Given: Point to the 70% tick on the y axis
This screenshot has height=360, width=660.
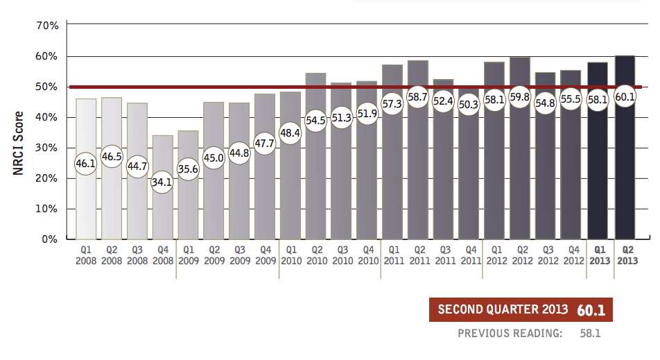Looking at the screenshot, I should click(47, 26).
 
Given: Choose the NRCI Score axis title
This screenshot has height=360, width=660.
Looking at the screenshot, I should click(19, 144).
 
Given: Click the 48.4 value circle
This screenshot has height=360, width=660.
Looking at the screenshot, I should click(290, 132).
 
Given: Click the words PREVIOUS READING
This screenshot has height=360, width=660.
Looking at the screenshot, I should click(510, 334).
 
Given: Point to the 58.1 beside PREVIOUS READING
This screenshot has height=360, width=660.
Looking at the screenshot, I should click(590, 334).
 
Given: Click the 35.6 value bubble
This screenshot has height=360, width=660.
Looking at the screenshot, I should click(189, 169).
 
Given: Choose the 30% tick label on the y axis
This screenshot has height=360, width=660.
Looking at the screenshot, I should click(47, 148).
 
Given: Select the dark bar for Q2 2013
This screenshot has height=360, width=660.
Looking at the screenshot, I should click(625, 173).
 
